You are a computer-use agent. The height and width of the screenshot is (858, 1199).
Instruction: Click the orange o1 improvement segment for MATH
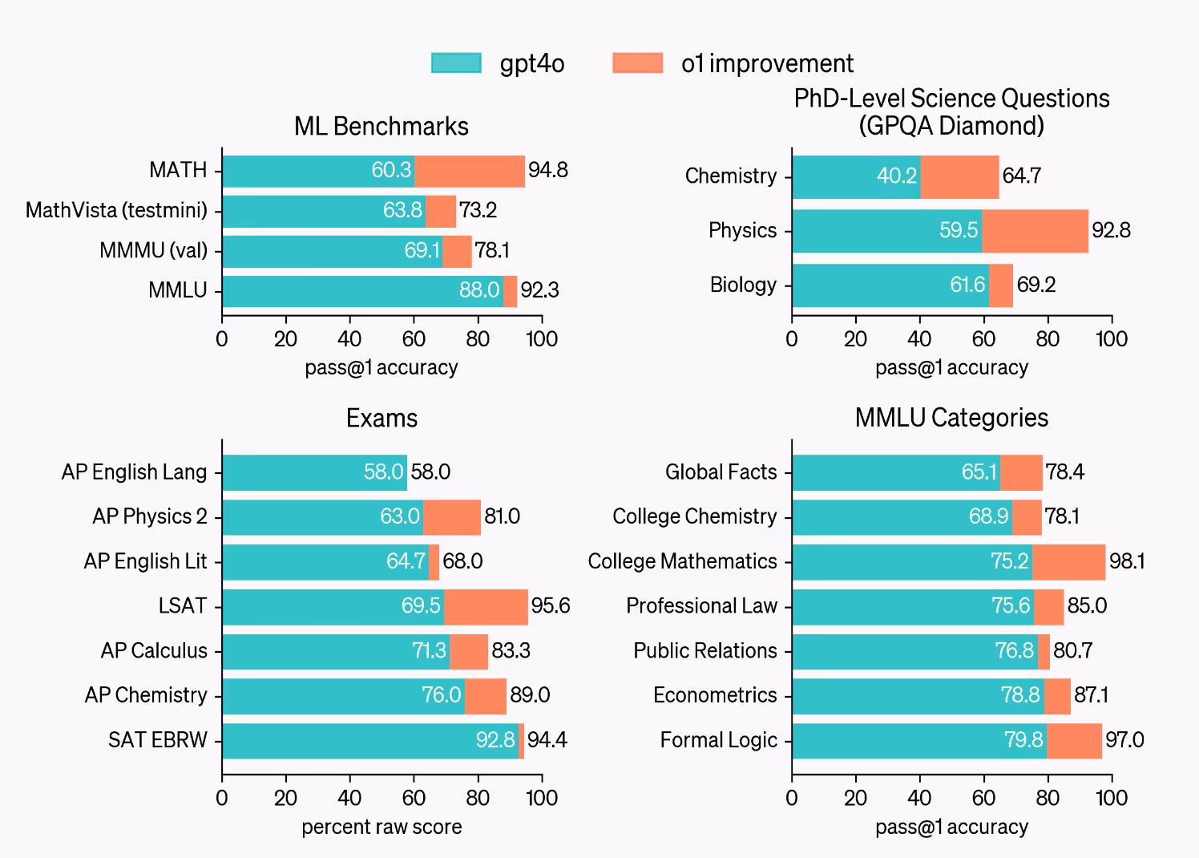pyautogui.click(x=470, y=171)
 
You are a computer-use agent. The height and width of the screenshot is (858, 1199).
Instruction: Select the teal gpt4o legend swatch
pyautogui.click(x=456, y=63)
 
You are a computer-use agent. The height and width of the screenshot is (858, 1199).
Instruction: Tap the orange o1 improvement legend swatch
pyautogui.click(x=637, y=63)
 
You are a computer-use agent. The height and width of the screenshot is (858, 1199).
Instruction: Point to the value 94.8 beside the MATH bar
pyautogui.click(x=548, y=170)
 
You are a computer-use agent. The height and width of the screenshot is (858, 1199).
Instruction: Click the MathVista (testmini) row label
pyautogui.click(x=116, y=210)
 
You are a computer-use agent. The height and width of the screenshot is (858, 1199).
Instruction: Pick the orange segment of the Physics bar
pyautogui.click(x=1035, y=231)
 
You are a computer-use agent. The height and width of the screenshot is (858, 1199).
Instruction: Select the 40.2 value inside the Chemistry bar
pyautogui.click(x=896, y=176)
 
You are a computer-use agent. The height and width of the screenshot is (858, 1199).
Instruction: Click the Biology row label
pyautogui.click(x=743, y=285)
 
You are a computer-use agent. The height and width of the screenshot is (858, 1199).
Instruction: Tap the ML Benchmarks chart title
pyautogui.click(x=381, y=126)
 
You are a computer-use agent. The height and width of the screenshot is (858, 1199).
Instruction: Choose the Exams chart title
pyautogui.click(x=381, y=418)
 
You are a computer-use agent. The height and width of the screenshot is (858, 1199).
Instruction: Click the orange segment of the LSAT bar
pyautogui.click(x=486, y=607)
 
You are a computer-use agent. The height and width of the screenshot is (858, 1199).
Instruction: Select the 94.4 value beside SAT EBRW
pyautogui.click(x=547, y=739)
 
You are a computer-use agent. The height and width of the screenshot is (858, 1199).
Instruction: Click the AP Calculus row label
pyautogui.click(x=154, y=650)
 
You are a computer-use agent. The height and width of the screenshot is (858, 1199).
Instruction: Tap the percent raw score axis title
pyautogui.click(x=381, y=827)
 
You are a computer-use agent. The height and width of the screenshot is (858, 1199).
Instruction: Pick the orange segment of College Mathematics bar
pyautogui.click(x=1068, y=562)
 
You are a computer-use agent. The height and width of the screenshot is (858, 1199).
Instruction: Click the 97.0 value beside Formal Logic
pyautogui.click(x=1124, y=739)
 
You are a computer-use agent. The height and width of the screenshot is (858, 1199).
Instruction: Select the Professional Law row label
pyautogui.click(x=701, y=605)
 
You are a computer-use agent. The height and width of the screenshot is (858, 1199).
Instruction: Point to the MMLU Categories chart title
pyautogui.click(x=951, y=417)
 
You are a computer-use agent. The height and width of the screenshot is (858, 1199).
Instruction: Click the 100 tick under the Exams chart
pyautogui.click(x=542, y=798)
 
